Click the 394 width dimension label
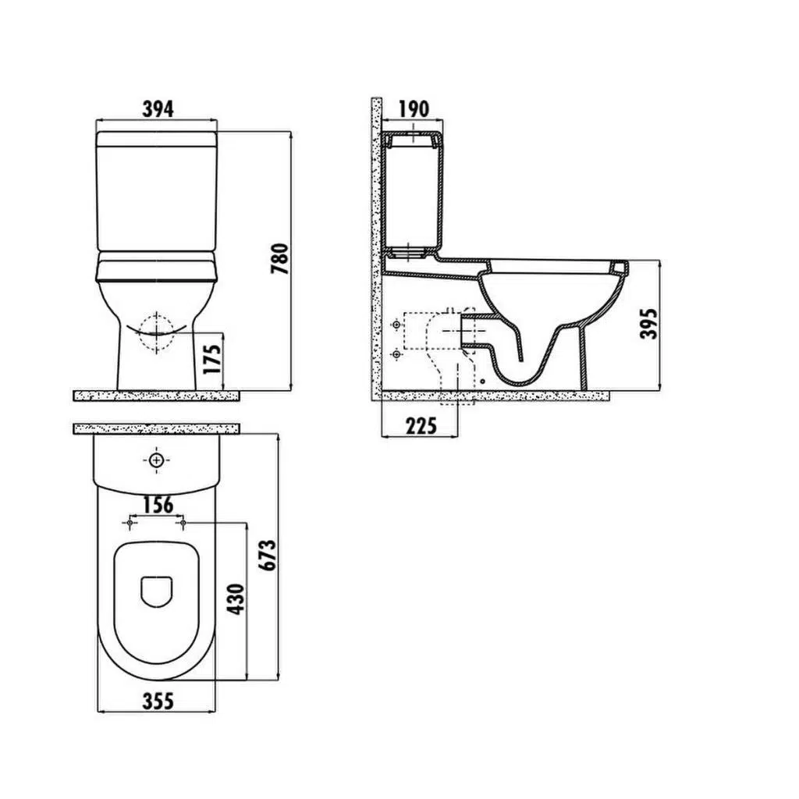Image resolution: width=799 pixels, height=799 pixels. point(158,108)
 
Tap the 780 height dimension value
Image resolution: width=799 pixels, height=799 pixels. point(280,259)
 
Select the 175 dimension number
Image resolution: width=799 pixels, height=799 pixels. point(212,359)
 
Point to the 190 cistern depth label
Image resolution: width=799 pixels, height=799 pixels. point(414,108)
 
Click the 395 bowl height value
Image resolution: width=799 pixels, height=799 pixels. point(649,324)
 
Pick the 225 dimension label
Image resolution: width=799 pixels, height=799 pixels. point(421,425)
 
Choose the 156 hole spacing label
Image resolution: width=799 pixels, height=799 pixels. point(158,505)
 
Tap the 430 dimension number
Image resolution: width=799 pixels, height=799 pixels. point(236,599)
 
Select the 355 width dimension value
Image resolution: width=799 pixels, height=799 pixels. point(158,701)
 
